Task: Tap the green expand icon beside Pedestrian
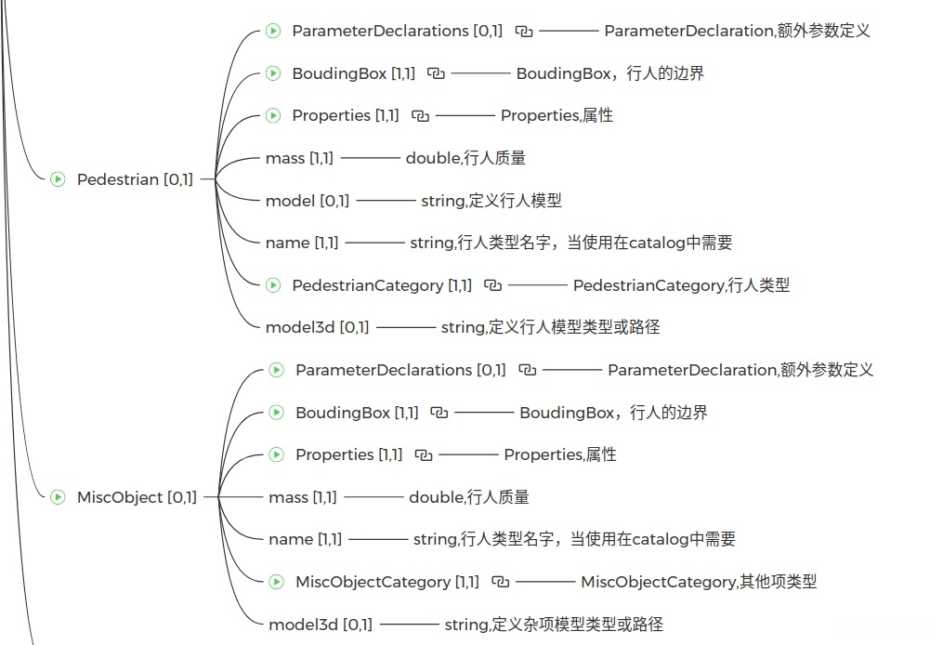[x=58, y=179]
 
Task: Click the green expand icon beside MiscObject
[x=58, y=497]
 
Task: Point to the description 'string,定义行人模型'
[x=491, y=201]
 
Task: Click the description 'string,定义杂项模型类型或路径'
[x=554, y=625]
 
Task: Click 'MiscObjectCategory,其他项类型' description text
[x=699, y=582]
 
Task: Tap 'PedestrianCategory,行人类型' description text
[x=681, y=285]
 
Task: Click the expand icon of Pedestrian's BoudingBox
[x=273, y=73]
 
